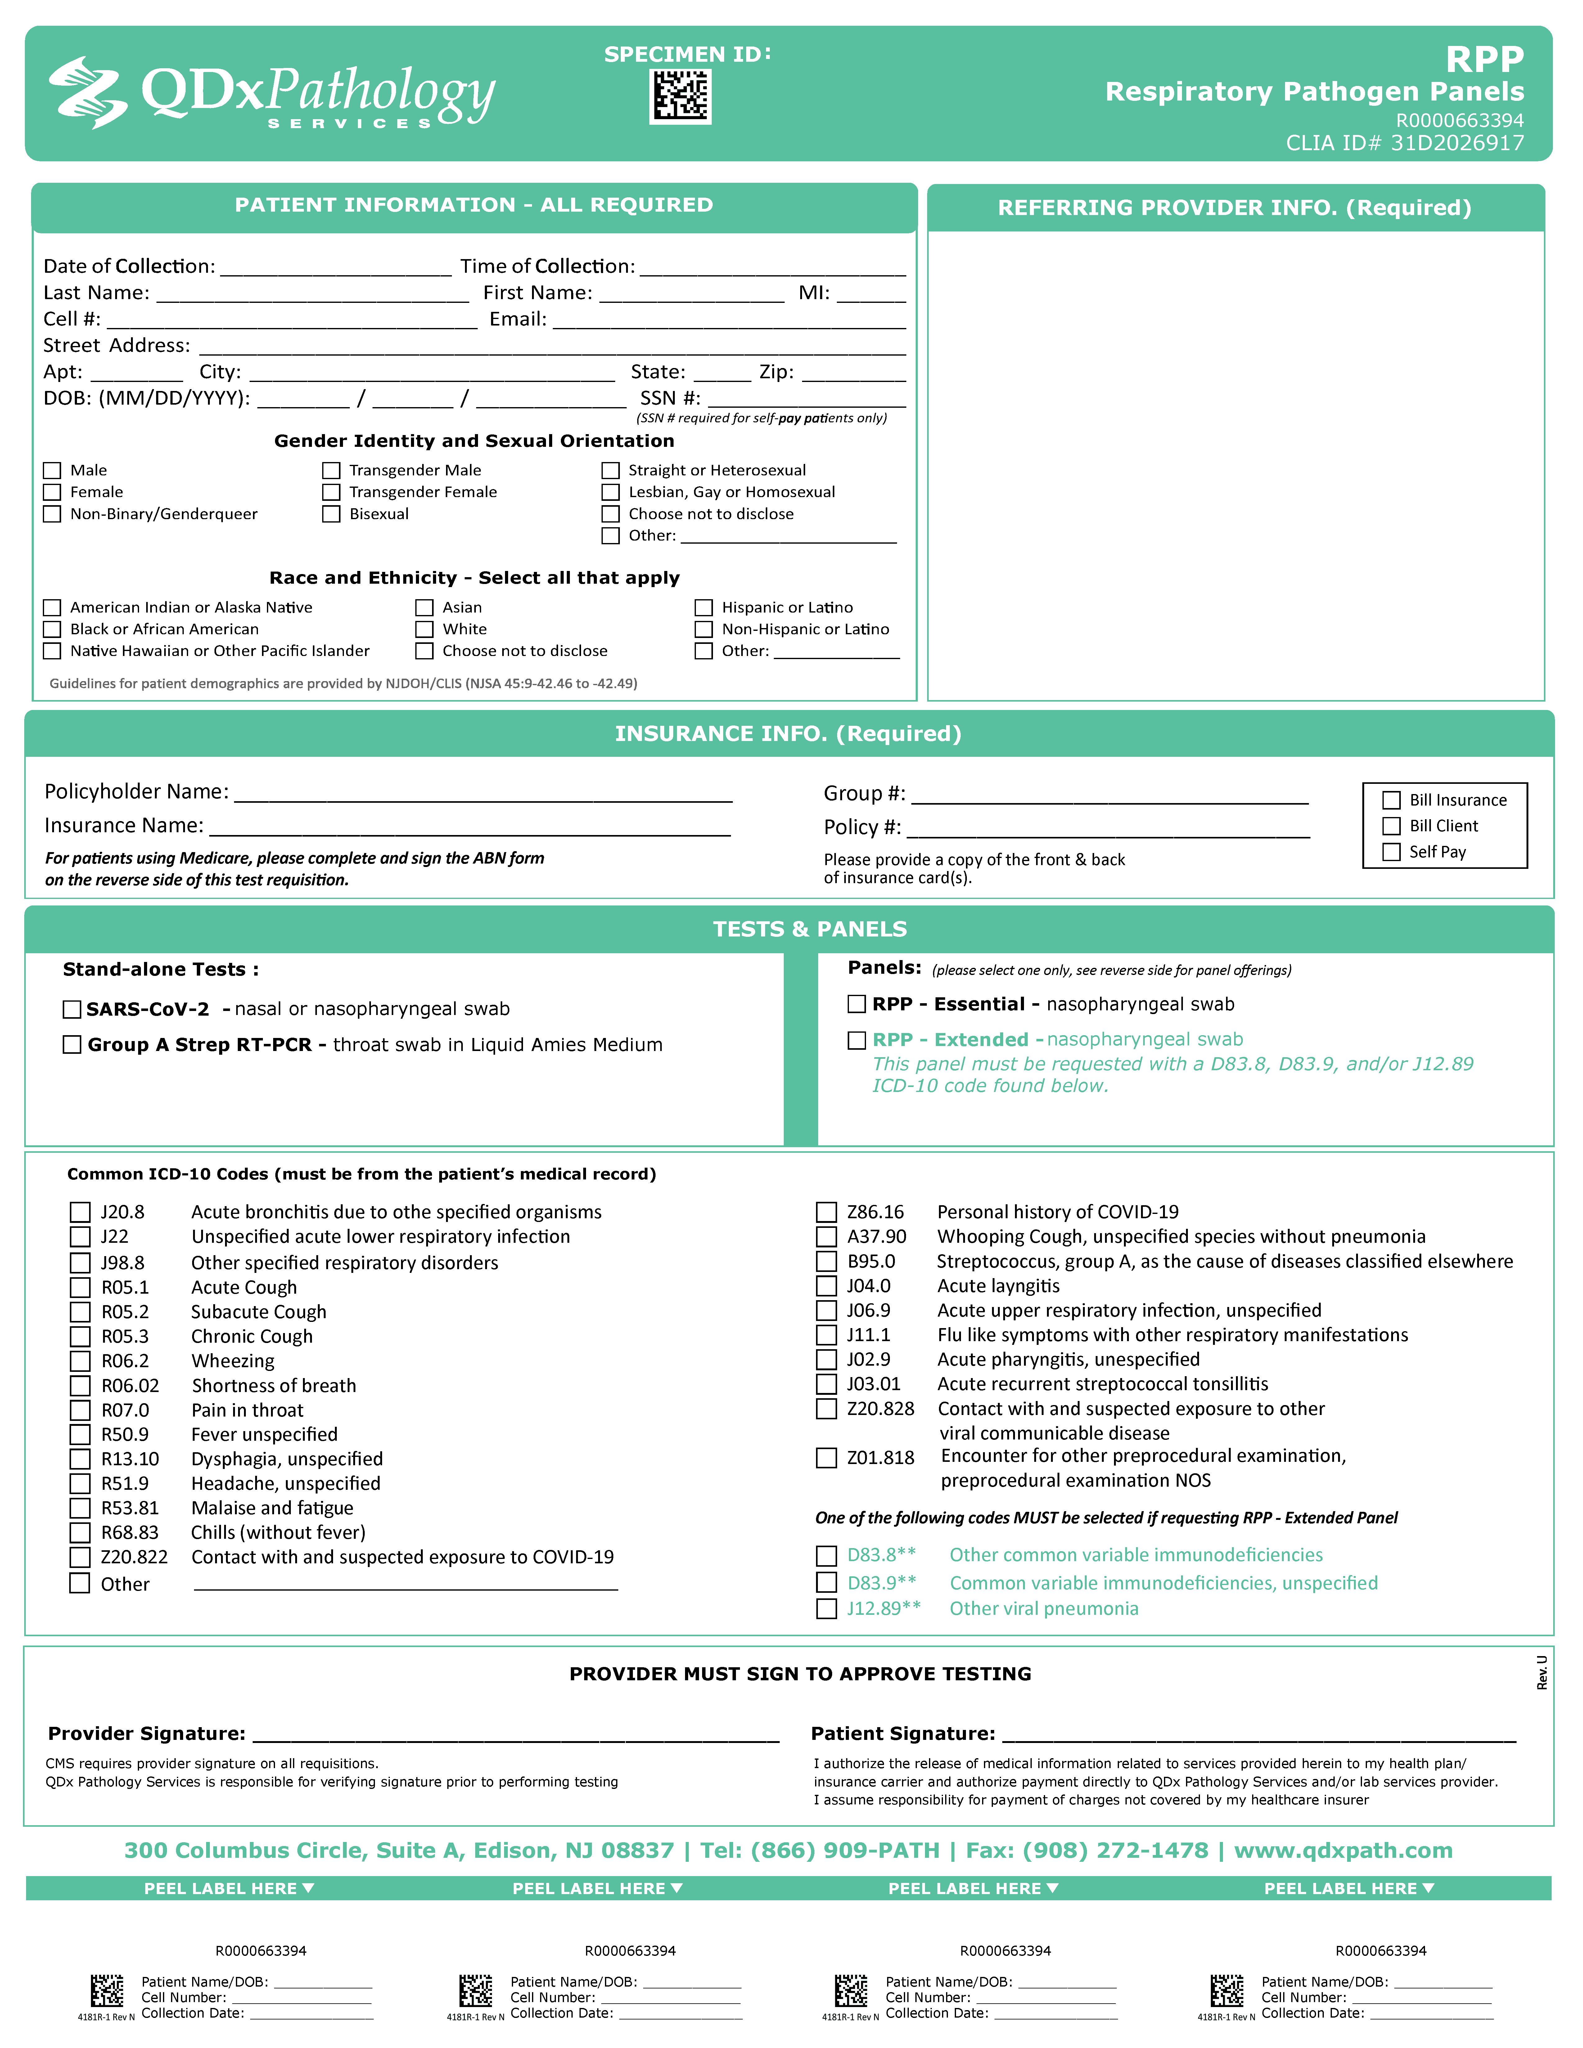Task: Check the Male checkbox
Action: [x=52, y=471]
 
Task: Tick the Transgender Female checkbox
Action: [x=331, y=492]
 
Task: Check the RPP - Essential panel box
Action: [x=856, y=1004]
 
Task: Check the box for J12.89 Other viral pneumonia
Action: [x=826, y=1609]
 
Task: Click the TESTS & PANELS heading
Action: [x=809, y=929]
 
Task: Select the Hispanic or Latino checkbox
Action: [x=703, y=608]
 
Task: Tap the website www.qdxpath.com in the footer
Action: [x=1343, y=1851]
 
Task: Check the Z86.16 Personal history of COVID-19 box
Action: [x=826, y=1212]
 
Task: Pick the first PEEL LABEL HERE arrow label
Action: [x=229, y=1889]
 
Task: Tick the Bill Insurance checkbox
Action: [x=1392, y=800]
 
